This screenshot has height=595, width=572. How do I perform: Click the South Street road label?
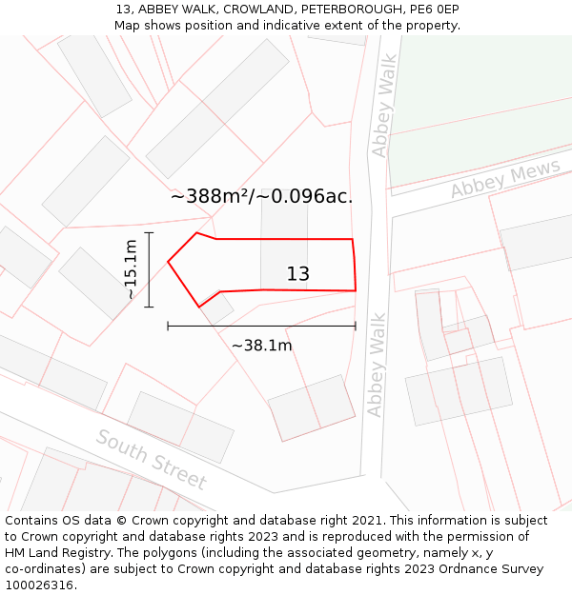[x=151, y=460]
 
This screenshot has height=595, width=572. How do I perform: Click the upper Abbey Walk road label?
[x=383, y=119]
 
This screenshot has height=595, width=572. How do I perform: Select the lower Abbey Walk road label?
[x=377, y=365]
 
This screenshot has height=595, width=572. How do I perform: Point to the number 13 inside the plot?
[x=298, y=274]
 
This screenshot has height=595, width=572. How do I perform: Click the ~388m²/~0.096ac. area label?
[x=262, y=197]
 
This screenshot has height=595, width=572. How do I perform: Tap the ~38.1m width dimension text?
[x=261, y=346]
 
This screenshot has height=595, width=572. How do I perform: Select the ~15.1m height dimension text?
[x=131, y=269]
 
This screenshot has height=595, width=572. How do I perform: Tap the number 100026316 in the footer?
[x=38, y=585]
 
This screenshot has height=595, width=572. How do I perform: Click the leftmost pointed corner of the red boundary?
[x=169, y=261]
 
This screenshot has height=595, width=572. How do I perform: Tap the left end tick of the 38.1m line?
[x=169, y=326]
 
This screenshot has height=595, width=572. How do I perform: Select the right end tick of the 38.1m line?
[x=356, y=326]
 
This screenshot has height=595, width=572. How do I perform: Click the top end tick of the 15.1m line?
[x=149, y=232]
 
